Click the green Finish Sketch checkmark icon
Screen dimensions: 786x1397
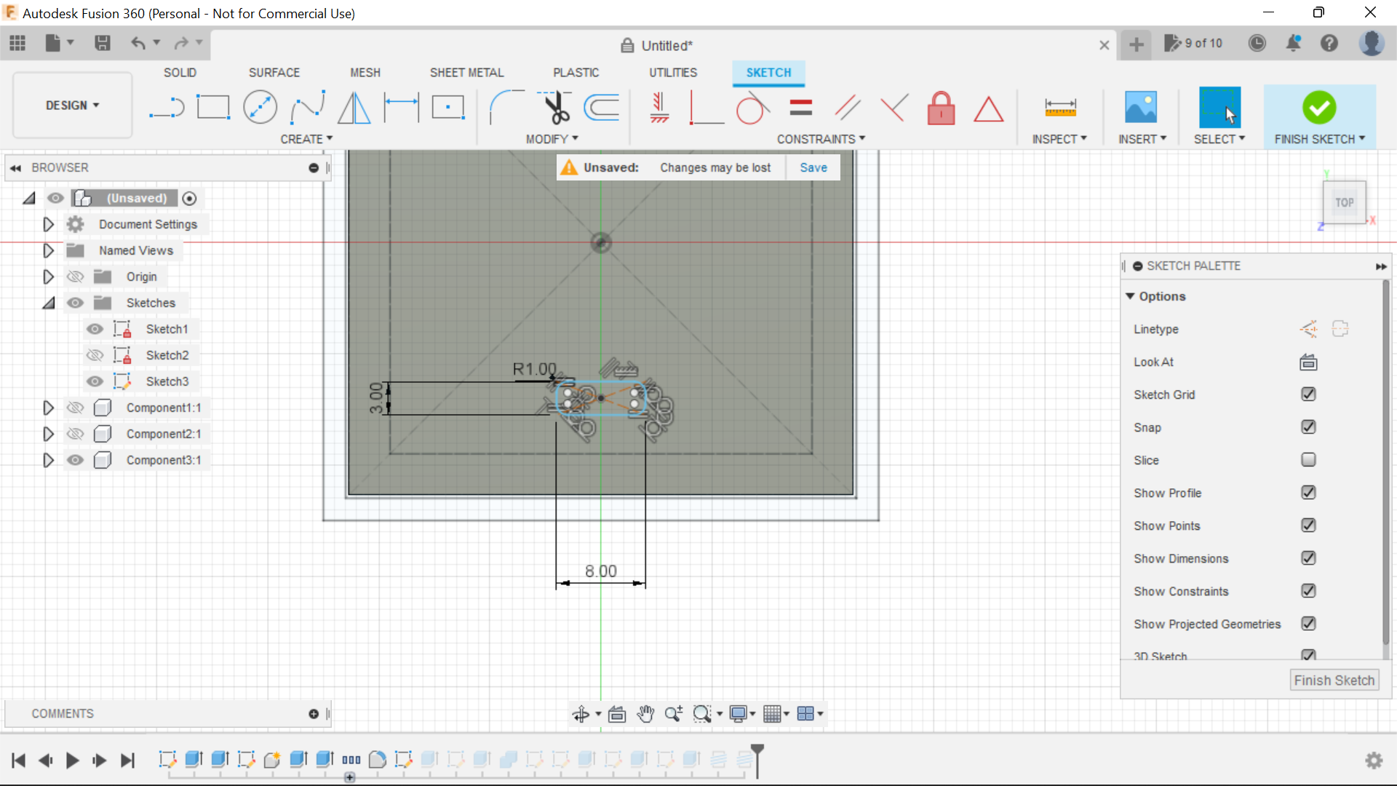point(1318,108)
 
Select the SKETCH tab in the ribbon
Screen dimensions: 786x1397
point(768,73)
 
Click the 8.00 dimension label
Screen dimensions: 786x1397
point(600,571)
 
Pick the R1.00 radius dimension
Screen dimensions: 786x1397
point(534,369)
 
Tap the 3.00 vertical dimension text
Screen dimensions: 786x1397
point(375,397)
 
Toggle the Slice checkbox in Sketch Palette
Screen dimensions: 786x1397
point(1308,460)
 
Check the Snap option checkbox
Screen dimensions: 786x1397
point(1308,427)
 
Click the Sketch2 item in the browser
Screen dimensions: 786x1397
point(167,355)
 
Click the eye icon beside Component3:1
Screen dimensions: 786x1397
point(75,460)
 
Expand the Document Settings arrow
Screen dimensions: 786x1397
point(48,224)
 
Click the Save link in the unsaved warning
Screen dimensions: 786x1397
point(813,167)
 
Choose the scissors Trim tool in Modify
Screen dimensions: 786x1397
point(557,108)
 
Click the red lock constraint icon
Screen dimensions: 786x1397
point(941,108)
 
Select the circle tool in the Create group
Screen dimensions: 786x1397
point(260,108)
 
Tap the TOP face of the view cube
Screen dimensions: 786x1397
point(1344,202)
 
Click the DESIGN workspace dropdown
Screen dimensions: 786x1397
point(72,106)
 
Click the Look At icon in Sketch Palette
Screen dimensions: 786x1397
point(1308,362)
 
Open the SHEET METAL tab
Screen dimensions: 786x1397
point(466,73)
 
